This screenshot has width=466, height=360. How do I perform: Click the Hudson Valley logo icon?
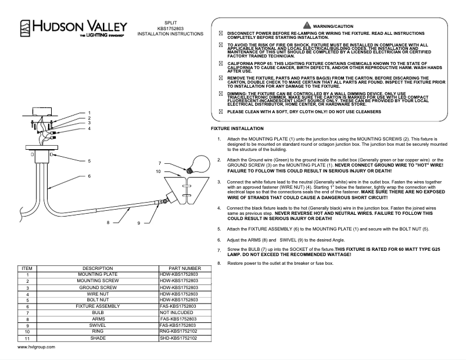point(26,27)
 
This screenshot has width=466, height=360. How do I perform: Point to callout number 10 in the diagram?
point(158,171)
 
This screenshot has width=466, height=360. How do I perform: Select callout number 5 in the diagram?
point(89,160)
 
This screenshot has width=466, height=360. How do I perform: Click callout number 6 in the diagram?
point(89,175)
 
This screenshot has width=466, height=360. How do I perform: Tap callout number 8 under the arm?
point(109,222)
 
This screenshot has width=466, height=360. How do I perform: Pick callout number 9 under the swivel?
point(139,223)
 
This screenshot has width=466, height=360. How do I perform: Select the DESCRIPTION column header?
point(97,268)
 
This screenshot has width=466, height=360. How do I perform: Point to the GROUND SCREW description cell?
point(97,287)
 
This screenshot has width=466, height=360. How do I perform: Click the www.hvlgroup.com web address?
point(36,347)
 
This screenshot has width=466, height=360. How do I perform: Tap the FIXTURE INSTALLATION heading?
point(237,128)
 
